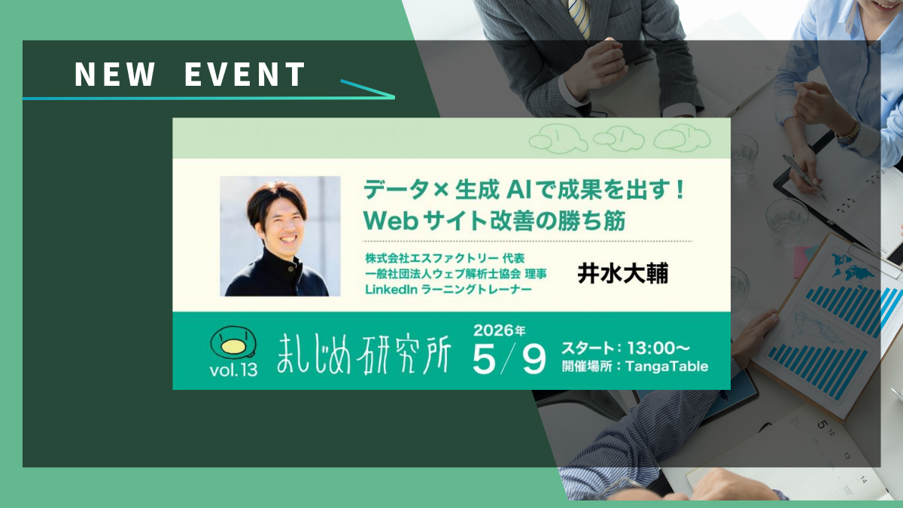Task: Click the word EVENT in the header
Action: pyautogui.click(x=245, y=75)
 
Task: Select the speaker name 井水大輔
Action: pyautogui.click(x=622, y=273)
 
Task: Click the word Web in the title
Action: pyautogui.click(x=390, y=221)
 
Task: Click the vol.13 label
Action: pyautogui.click(x=233, y=368)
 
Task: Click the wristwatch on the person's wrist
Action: pyautogui.click(x=849, y=132)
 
